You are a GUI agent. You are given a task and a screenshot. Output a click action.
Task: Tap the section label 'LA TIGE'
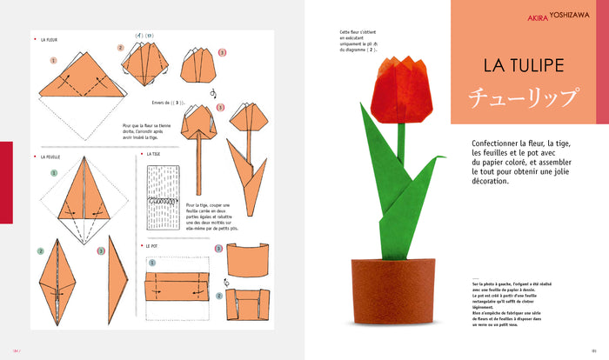tap(155, 154)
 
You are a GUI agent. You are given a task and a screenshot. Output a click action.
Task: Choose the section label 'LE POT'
tap(154, 246)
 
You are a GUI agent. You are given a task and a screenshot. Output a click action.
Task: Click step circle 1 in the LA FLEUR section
tap(54, 62)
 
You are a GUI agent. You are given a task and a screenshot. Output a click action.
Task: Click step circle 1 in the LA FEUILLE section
tap(54, 173)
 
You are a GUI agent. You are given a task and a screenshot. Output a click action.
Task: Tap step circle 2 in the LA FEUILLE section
tap(41, 251)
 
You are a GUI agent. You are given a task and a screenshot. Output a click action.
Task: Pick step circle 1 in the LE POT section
tap(151, 262)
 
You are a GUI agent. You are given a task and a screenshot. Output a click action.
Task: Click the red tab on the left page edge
tap(6, 180)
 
